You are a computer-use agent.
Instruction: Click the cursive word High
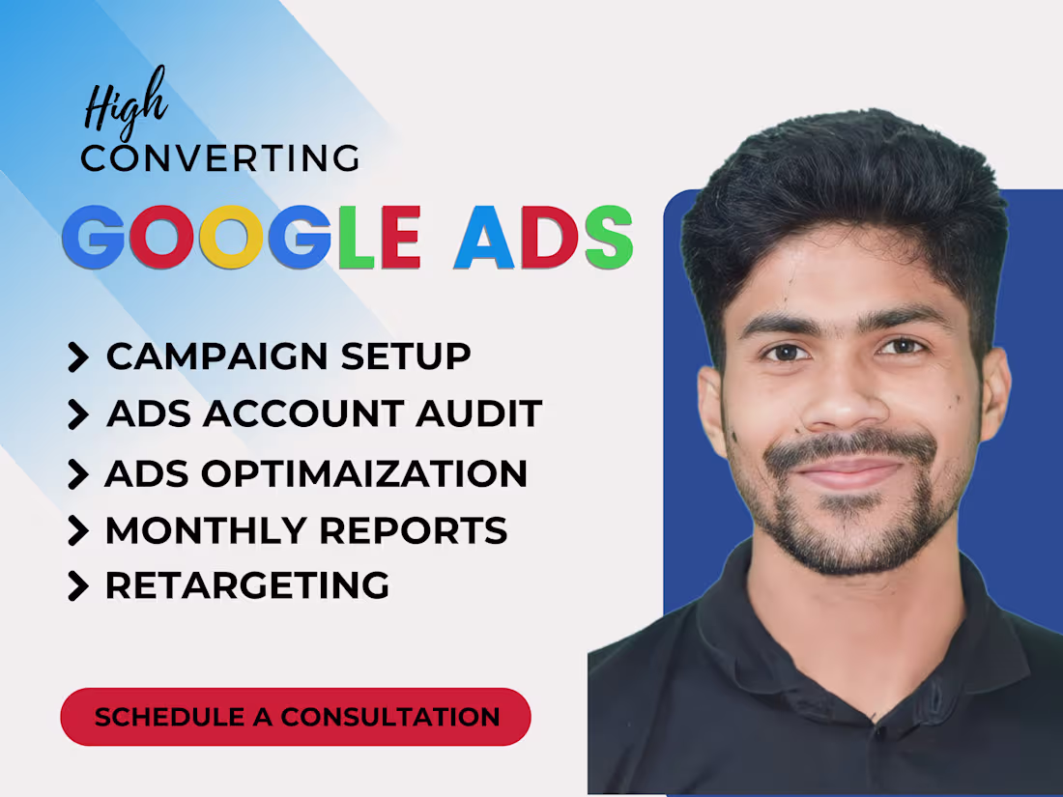click(125, 103)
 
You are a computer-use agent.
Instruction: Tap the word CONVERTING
click(220, 157)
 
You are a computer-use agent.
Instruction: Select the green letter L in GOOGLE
click(355, 237)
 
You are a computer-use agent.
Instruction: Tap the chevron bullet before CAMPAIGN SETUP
click(77, 357)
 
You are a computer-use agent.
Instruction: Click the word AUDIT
click(479, 413)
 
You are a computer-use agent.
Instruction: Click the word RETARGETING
click(247, 585)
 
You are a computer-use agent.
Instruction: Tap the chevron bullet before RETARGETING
click(77, 586)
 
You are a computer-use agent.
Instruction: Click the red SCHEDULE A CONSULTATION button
click(296, 717)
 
